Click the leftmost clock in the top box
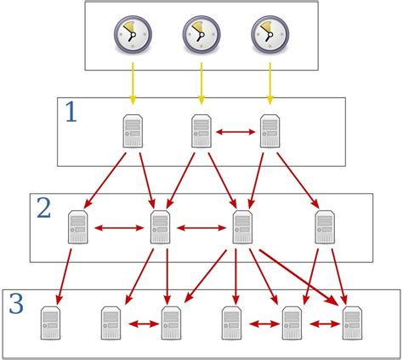point(131,35)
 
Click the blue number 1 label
point(71,113)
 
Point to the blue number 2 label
point(43,209)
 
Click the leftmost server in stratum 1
point(132,132)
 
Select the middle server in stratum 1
point(201,132)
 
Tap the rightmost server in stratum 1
point(270,132)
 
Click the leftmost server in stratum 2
point(79,228)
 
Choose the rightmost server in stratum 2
point(325,228)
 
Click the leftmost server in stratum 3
point(52,324)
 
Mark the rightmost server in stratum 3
point(352,324)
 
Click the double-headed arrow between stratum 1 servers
point(236,132)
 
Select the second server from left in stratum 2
point(160,228)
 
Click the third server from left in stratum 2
point(242,228)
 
